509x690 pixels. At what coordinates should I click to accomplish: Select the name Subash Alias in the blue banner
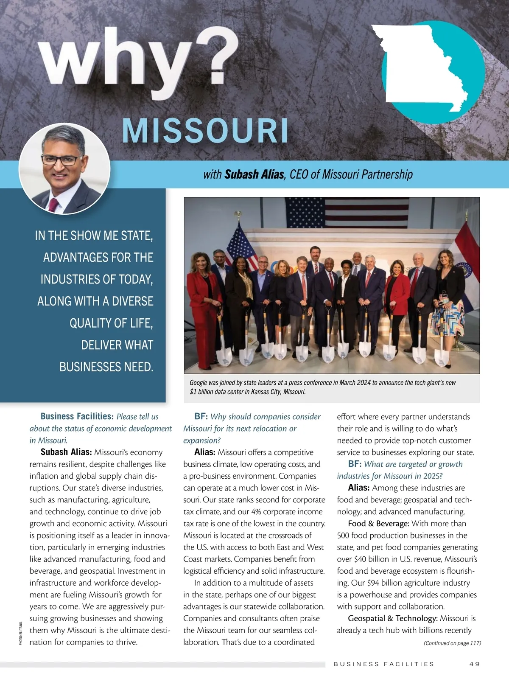[x=254, y=174]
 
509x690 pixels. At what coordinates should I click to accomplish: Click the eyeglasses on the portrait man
[x=62, y=160]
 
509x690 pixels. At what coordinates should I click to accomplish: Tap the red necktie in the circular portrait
[x=53, y=205]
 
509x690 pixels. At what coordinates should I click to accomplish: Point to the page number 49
[x=475, y=664]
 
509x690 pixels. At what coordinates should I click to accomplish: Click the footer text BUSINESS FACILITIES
[x=384, y=664]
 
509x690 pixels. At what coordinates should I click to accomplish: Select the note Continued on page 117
[x=452, y=643]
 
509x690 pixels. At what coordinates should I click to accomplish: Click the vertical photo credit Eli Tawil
[x=20, y=633]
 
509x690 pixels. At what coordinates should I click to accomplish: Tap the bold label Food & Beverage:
[x=378, y=524]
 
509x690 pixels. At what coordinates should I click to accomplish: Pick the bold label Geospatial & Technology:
[x=392, y=619]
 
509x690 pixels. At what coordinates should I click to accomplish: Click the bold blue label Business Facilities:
[x=77, y=417]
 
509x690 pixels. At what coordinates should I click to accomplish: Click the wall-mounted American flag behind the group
[x=347, y=212]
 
